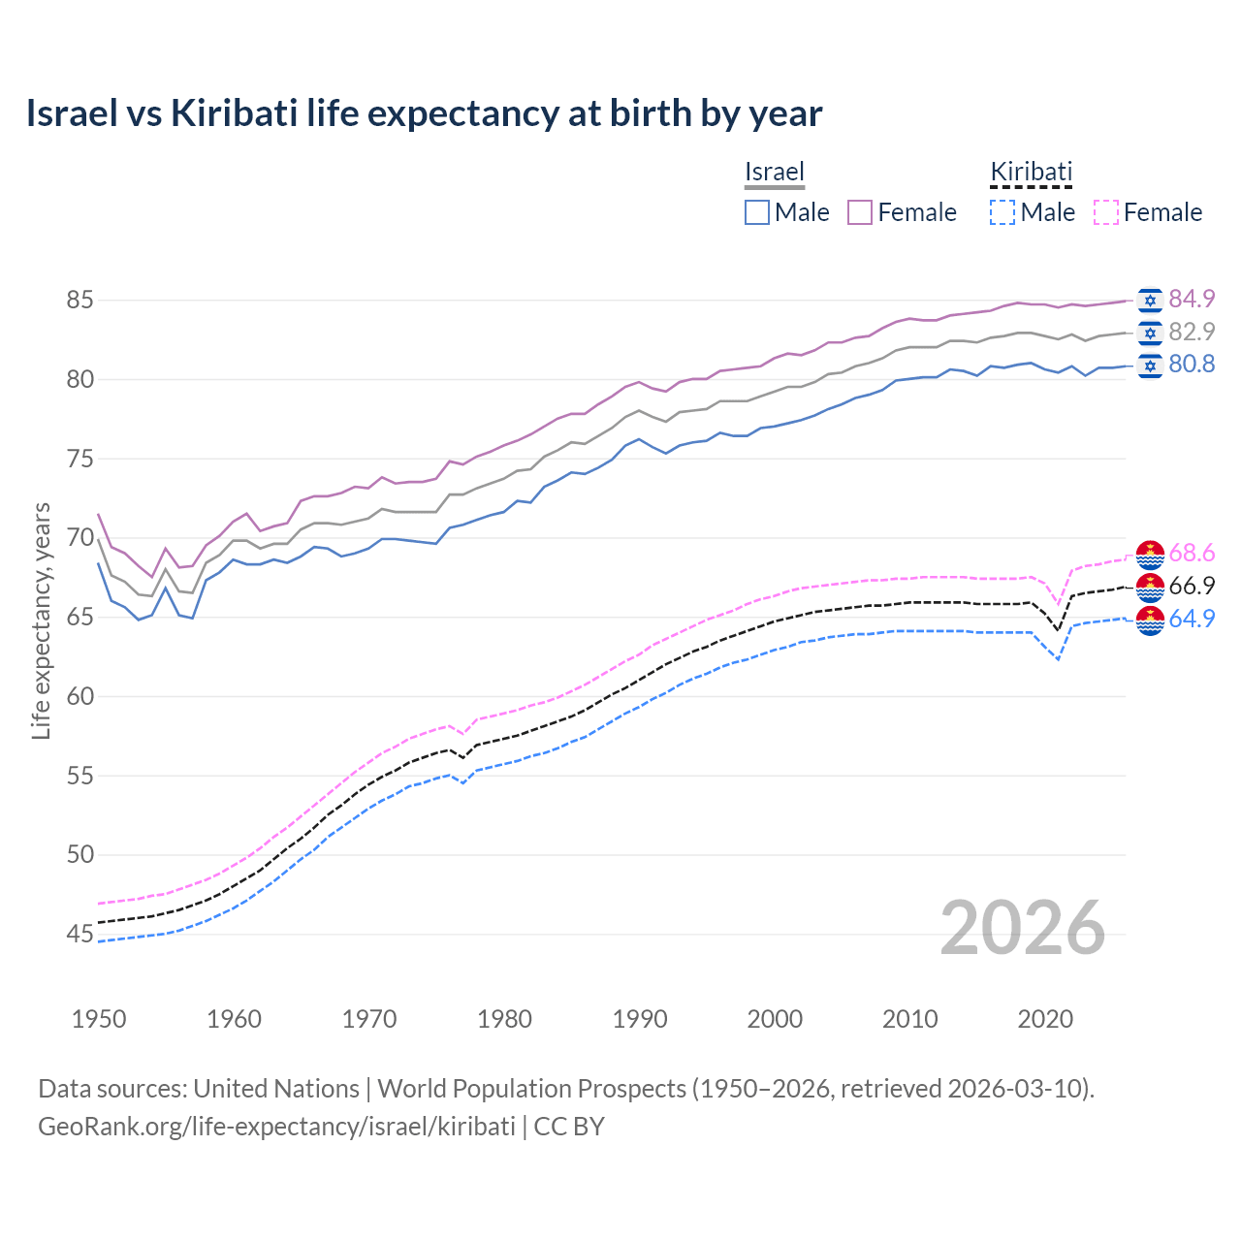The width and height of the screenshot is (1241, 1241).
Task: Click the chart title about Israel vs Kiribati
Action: [x=424, y=113]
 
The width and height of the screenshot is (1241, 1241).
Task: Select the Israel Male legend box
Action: [x=757, y=212]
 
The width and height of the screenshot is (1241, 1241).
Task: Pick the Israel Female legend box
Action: [x=860, y=212]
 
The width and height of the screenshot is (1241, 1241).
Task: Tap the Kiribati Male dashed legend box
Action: [x=1002, y=212]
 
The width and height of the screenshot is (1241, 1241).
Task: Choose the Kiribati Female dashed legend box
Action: [x=1106, y=212]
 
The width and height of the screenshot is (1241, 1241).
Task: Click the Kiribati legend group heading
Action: [x=1031, y=172]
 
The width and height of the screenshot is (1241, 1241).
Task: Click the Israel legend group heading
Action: [x=775, y=172]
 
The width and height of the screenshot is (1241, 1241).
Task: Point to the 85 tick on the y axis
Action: [x=80, y=301]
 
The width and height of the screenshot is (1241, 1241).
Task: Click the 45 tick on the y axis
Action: [x=80, y=935]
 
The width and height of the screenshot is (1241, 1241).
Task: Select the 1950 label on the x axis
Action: [x=99, y=1019]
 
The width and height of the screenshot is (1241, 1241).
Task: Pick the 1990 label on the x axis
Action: [x=640, y=1019]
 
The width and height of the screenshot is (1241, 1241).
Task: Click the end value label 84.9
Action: [x=1192, y=299]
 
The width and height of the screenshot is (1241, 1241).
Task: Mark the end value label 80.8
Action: [x=1192, y=364]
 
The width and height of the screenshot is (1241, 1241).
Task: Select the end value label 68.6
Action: [x=1192, y=553]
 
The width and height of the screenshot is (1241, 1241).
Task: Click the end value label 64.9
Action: [x=1192, y=619]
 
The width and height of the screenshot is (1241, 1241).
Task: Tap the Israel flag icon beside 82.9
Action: [x=1150, y=333]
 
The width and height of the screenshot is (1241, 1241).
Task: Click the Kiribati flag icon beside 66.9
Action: [x=1150, y=587]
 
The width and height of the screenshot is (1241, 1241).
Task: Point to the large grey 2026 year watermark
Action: [x=1023, y=928]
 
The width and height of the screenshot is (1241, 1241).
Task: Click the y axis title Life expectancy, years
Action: [x=41, y=620]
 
